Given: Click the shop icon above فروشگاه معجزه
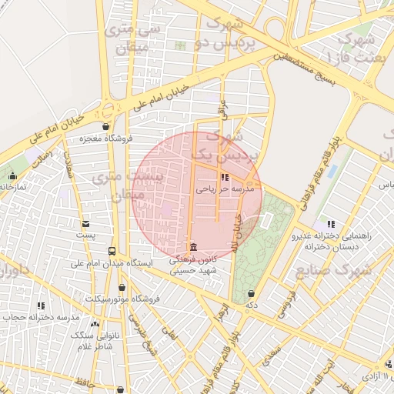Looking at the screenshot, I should tap(105, 127).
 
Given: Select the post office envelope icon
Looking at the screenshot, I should tap(85, 222).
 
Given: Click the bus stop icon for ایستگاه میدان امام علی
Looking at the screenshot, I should tap(112, 251).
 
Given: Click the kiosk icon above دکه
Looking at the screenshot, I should tap(252, 292).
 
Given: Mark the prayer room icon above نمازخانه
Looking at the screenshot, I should tap(12, 175).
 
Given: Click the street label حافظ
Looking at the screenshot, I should tap(85, 381).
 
